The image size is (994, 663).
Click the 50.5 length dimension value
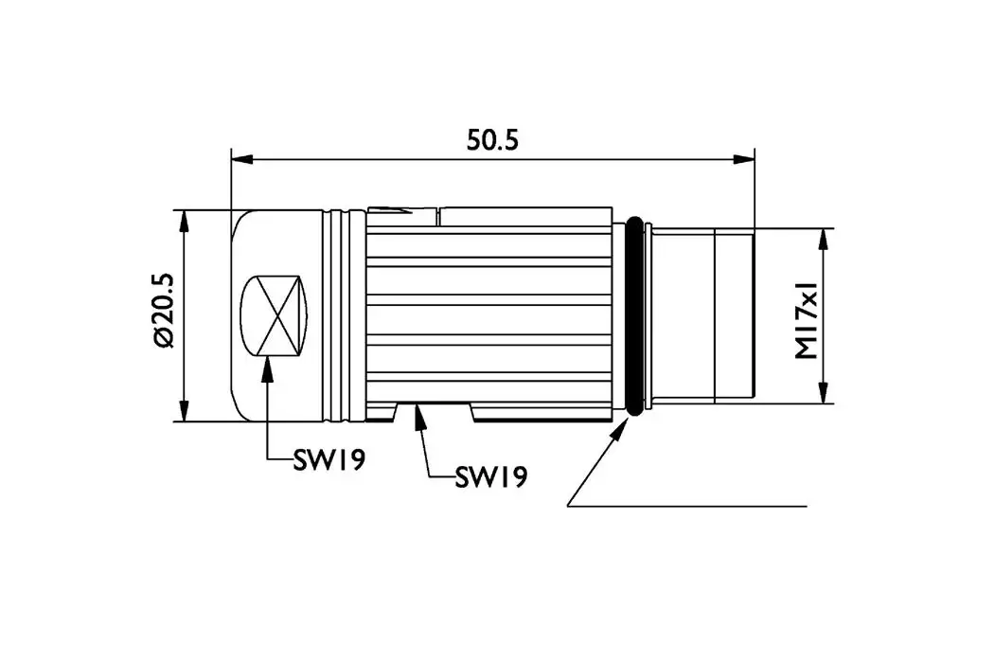(x=492, y=139)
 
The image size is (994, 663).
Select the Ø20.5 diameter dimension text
(x=163, y=312)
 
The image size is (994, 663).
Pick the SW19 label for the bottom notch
(x=491, y=475)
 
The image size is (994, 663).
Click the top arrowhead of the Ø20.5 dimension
(x=184, y=220)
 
